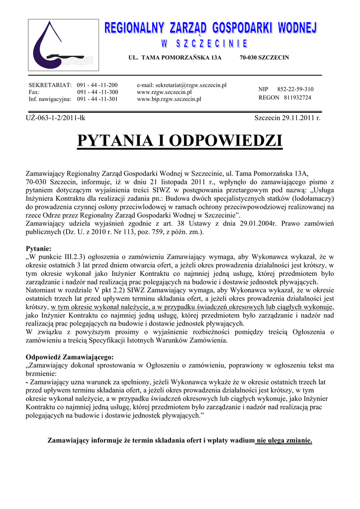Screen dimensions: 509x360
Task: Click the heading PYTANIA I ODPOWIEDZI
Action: (180, 141)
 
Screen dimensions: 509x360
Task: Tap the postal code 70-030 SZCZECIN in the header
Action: (264, 58)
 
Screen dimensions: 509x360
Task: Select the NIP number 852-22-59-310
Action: (295, 89)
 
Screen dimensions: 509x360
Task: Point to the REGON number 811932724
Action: (297, 97)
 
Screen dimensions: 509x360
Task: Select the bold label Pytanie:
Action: (38, 248)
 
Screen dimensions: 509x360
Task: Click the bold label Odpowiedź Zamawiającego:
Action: (70, 357)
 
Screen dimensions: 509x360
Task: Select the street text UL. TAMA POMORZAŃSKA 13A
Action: (175, 58)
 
